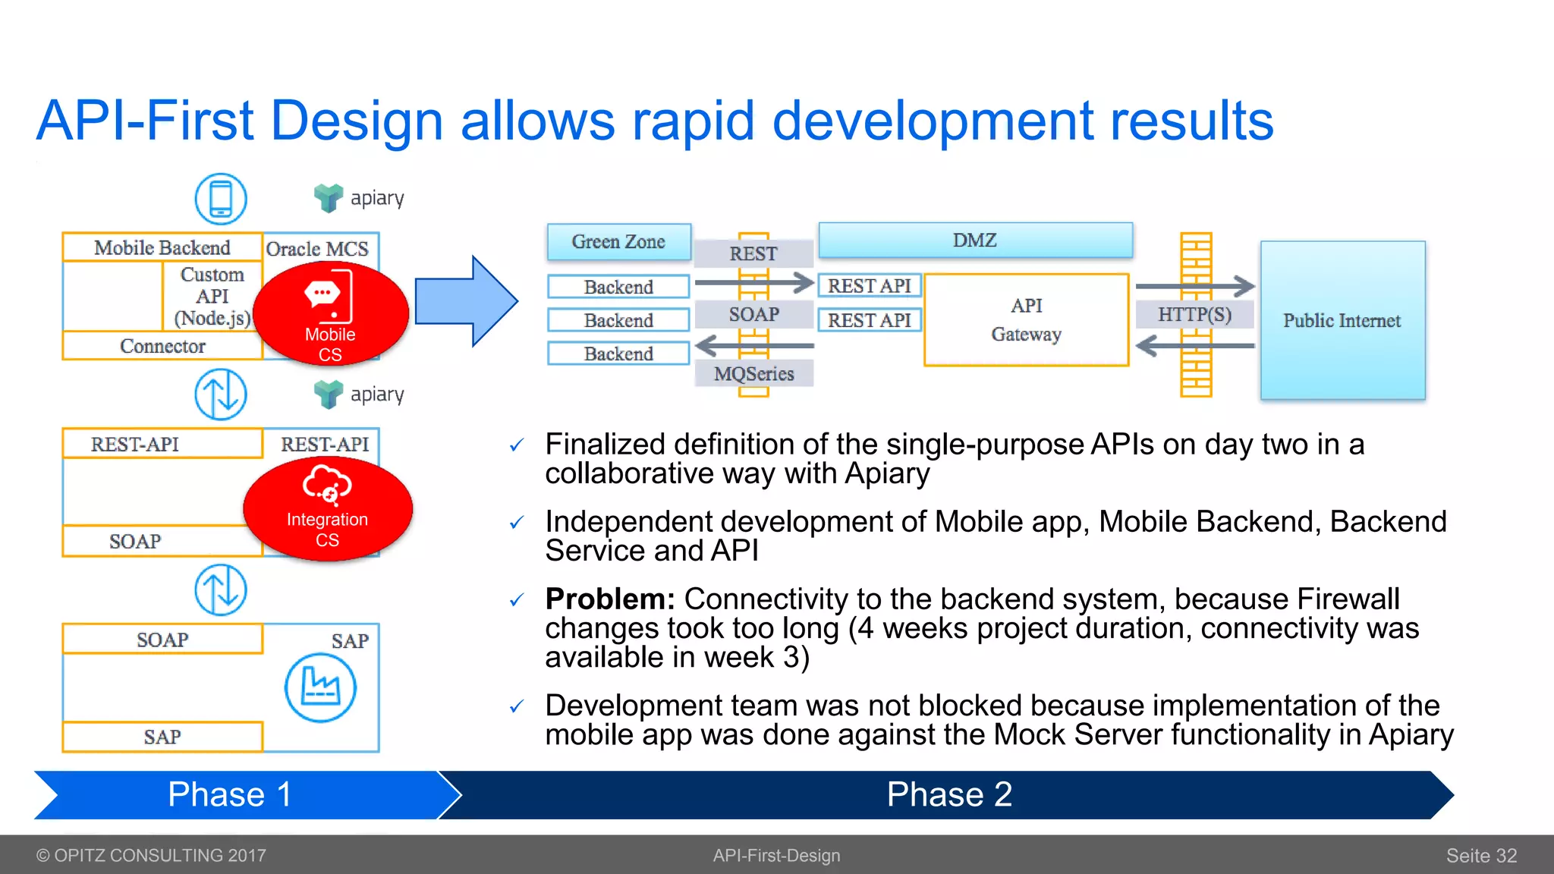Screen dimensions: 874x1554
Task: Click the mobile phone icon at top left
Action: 221,199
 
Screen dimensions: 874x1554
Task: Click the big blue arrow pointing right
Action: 465,301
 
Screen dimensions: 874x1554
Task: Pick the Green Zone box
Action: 618,242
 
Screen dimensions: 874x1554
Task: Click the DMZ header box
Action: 975,241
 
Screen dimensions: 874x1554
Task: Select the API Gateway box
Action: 1026,320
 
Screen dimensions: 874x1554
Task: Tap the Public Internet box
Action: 1342,321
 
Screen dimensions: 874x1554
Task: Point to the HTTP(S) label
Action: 1194,314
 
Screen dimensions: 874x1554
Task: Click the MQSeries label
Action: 753,373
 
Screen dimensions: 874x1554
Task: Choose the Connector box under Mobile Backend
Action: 162,346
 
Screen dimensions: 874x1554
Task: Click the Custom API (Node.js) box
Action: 212,297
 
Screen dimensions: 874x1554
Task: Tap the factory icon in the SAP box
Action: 320,687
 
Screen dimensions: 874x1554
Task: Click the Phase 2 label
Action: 948,795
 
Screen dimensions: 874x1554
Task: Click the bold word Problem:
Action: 609,599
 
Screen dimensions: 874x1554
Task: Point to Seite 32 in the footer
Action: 1480,856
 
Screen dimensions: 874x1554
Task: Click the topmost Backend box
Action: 618,287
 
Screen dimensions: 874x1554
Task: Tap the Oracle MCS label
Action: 317,249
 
